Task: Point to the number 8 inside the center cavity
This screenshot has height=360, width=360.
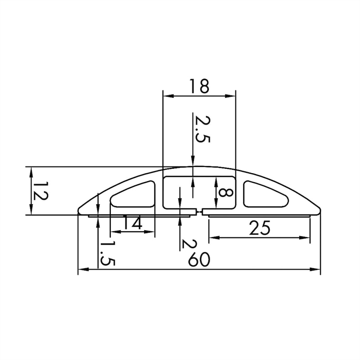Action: (225, 192)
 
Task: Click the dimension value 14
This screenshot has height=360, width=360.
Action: (132, 223)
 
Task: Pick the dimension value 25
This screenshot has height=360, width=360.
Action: (260, 228)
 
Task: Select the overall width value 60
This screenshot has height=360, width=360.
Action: (198, 260)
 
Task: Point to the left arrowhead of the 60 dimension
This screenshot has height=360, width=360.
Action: (81, 270)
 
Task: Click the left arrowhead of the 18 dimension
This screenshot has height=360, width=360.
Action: (166, 96)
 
